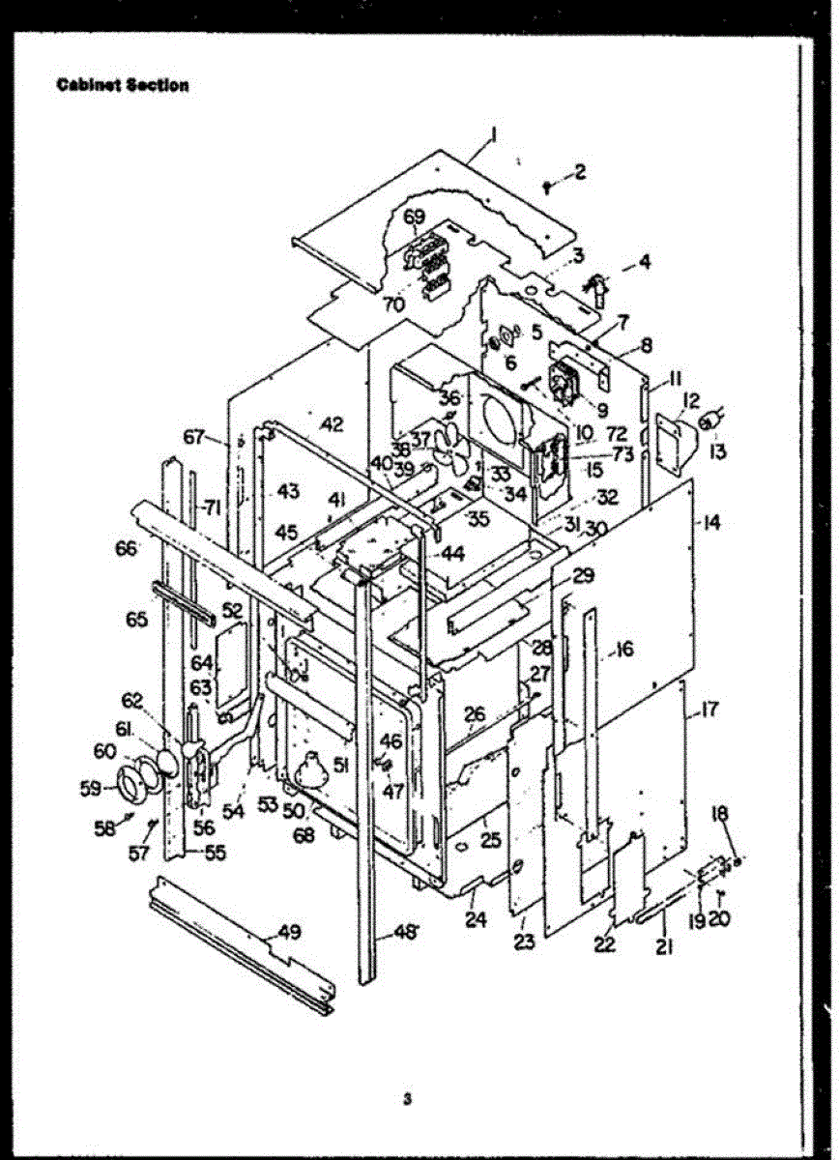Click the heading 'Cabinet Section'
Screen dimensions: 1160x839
click(122, 85)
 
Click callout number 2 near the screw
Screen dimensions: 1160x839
click(579, 172)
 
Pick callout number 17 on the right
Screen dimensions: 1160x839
click(709, 710)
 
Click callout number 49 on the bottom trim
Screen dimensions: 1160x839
click(288, 933)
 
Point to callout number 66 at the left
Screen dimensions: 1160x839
click(127, 548)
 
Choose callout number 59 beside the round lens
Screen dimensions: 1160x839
click(90, 788)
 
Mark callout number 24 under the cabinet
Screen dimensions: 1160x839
click(475, 920)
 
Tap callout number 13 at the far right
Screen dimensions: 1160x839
click(716, 451)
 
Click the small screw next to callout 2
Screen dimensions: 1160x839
click(548, 185)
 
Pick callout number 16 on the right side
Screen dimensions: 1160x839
click(624, 650)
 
